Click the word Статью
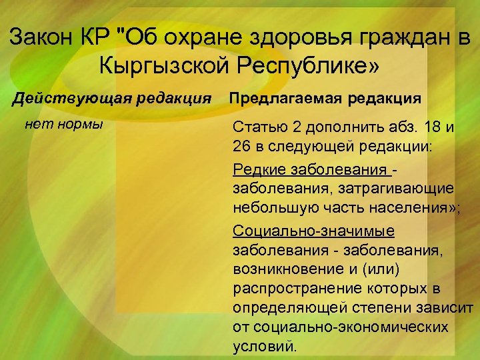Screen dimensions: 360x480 click(x=259, y=127)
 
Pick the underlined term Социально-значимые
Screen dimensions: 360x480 click(x=313, y=231)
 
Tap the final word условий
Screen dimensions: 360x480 click(x=263, y=347)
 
